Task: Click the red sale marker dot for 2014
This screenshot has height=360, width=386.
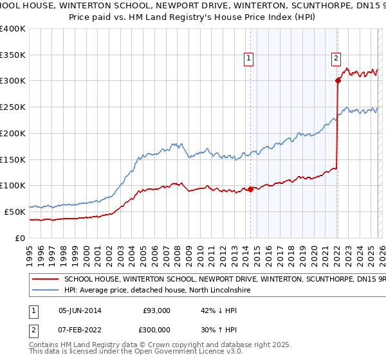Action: [250, 189]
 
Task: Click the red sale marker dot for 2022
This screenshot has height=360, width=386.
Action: [337, 80]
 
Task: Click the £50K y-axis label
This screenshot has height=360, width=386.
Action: [15, 212]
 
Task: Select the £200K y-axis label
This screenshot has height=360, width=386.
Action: [13, 133]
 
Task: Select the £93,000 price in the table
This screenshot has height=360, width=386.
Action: [156, 310]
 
